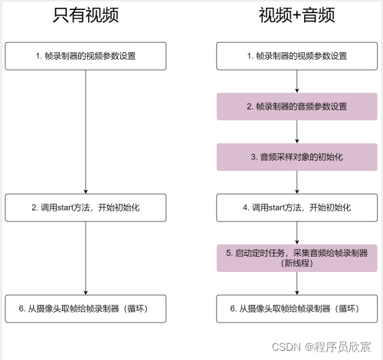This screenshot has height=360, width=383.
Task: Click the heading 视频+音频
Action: (x=296, y=15)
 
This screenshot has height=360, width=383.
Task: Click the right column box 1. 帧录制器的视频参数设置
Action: (x=296, y=55)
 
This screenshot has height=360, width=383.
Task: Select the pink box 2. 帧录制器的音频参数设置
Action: (x=296, y=106)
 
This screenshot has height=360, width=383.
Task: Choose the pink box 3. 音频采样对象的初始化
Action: (x=296, y=156)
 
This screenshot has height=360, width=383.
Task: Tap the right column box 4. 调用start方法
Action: (x=296, y=207)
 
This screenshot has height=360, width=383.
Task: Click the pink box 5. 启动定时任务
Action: (x=296, y=257)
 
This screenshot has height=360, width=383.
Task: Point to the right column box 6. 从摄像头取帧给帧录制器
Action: (x=296, y=308)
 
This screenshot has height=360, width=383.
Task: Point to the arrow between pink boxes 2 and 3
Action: (x=296, y=131)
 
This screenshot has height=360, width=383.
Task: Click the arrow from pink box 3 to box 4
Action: (x=296, y=182)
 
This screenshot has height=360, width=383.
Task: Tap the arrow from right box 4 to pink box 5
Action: (x=296, y=232)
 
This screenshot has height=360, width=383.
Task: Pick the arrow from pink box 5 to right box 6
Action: (x=296, y=283)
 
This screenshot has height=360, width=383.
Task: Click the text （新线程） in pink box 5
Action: (x=296, y=263)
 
